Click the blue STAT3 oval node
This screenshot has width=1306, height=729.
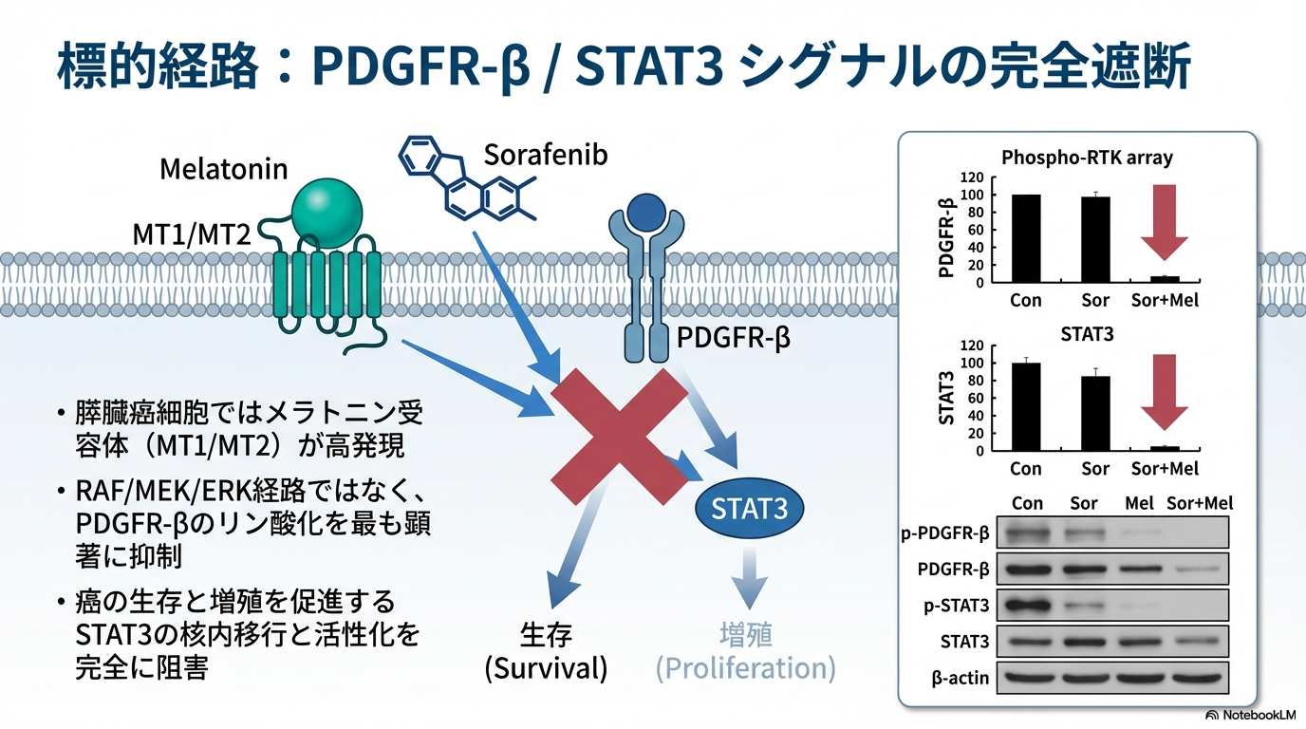pos(749,509)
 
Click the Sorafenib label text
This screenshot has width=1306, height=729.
pos(545,155)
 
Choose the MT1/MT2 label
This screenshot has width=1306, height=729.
pos(192,234)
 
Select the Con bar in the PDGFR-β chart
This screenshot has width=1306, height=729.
pos(1025,238)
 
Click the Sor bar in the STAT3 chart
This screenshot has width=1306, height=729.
pos(1095,413)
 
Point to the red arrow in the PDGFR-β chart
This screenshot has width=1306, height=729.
pos(1164,221)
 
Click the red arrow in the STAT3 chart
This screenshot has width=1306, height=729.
pos(1164,391)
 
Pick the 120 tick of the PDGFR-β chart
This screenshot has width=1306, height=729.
pos(972,178)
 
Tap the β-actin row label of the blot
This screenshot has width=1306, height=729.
pos(952,678)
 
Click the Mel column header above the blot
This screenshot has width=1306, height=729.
pos(1138,503)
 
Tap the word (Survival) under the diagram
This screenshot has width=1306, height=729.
pos(546,668)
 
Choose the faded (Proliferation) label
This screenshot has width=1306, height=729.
pos(745,668)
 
